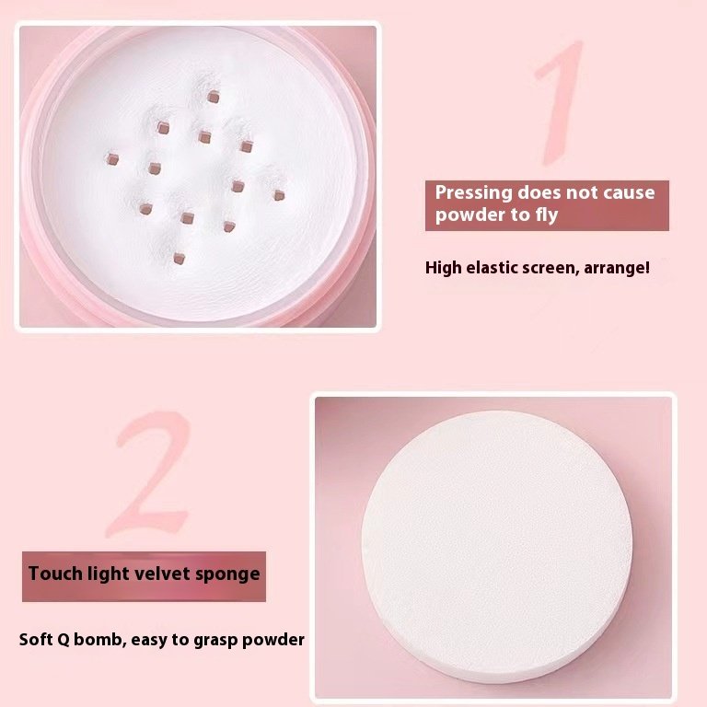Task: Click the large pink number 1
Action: click(559, 103)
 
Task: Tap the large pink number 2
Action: click(149, 473)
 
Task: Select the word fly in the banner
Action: click(547, 215)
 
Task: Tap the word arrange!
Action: click(617, 268)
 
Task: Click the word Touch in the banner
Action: click(55, 574)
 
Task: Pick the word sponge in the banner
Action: click(227, 574)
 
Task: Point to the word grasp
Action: click(216, 641)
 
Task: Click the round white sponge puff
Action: click(496, 546)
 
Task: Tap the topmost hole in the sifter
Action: click(214, 96)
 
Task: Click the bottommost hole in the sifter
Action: click(179, 259)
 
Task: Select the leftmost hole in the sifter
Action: click(111, 158)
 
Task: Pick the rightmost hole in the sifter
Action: click(279, 195)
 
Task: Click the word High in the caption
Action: click(443, 268)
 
